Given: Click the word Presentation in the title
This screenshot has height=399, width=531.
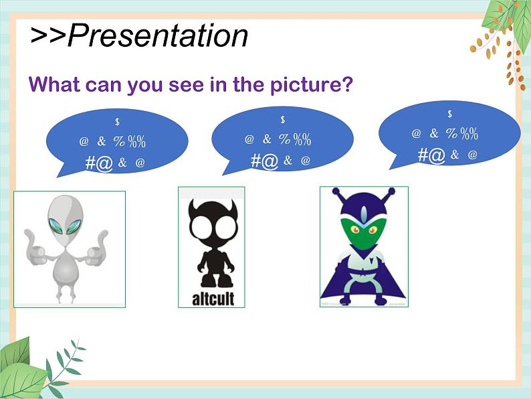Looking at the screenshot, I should coord(158,35).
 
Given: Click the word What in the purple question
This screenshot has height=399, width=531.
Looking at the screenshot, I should coord(54,85).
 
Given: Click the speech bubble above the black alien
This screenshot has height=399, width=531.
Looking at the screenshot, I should coord(282,140).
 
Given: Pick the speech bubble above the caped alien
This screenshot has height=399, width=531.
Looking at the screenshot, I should coord(449,134).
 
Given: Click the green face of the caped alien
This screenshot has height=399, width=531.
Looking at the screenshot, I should coord(364,234).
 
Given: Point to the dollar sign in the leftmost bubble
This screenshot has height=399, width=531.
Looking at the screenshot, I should coord(117,122).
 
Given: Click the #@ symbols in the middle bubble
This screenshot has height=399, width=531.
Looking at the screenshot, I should coord(264,161).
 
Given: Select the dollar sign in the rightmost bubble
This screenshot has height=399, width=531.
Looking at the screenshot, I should coord(449,114).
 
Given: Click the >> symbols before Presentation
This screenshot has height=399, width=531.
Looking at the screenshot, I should coord(47,35).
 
